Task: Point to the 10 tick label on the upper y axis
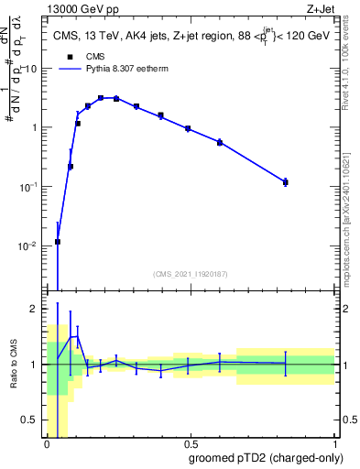point(31,69)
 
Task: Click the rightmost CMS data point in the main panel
point(285,182)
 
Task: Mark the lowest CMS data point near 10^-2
point(58,242)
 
